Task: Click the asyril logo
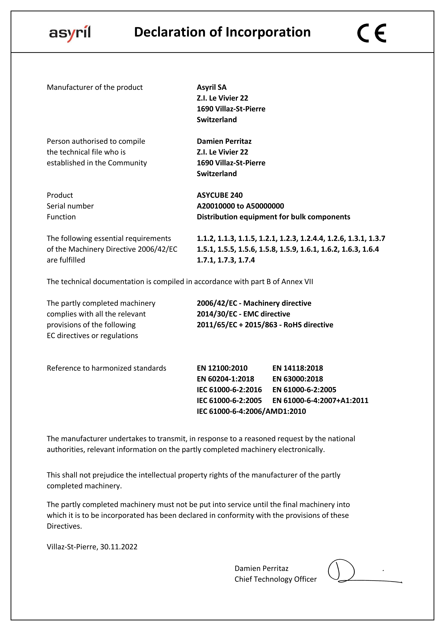[x=70, y=33]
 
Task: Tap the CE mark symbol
[x=371, y=33]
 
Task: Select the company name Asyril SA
[x=211, y=87]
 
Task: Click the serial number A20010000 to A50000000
[x=240, y=206]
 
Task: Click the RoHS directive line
[x=265, y=325]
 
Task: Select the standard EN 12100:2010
[x=222, y=368]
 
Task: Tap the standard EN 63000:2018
[x=297, y=379]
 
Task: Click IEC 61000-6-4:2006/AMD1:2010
[x=251, y=411]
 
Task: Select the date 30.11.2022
[x=119, y=547]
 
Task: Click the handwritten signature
[x=349, y=572]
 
